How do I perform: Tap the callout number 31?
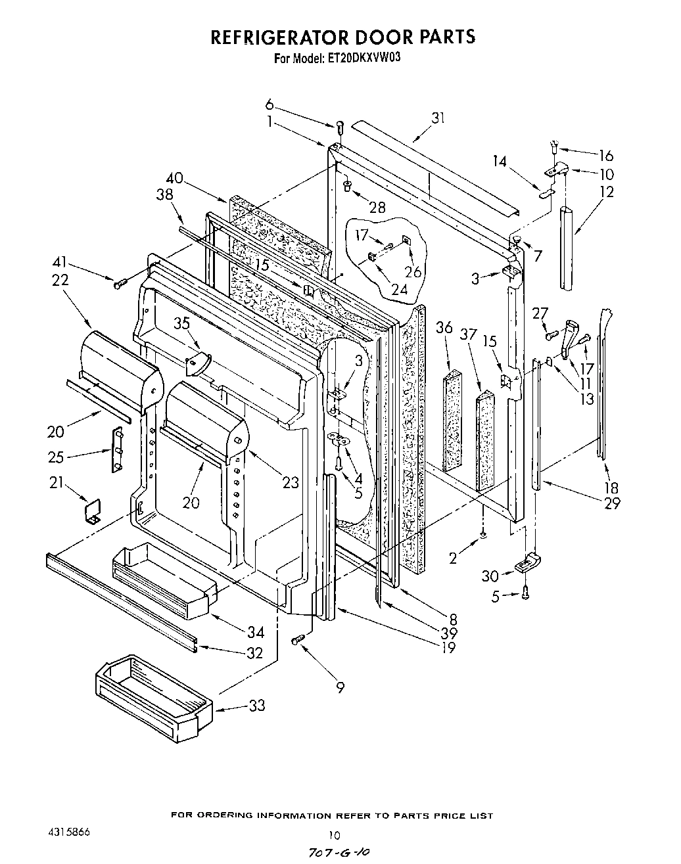pyautogui.click(x=438, y=118)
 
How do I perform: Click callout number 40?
pyautogui.click(x=175, y=177)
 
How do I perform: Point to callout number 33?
pyautogui.click(x=256, y=706)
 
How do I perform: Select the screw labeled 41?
pyautogui.click(x=121, y=283)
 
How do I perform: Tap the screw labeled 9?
pyautogui.click(x=300, y=639)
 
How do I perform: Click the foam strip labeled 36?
pyautogui.click(x=453, y=421)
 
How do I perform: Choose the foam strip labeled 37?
pyautogui.click(x=485, y=440)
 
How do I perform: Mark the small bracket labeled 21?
pyautogui.click(x=92, y=511)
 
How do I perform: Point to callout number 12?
pyautogui.click(x=606, y=192)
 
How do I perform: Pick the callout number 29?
pyautogui.click(x=612, y=504)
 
